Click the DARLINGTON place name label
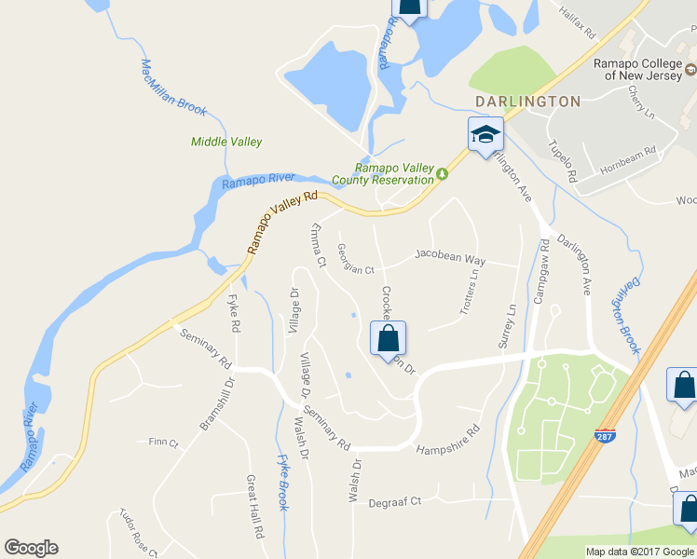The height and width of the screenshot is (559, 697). pos(527,101)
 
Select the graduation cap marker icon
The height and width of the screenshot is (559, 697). pos(485,135)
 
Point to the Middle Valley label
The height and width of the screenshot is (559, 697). pos(226,142)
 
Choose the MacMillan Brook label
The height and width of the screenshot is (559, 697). pos(173,88)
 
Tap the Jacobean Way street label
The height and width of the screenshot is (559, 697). pos(450,254)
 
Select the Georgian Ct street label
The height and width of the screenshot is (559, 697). pos(355,271)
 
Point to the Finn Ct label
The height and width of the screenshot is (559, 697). pos(163,442)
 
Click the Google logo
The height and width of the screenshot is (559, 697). pos(31,548)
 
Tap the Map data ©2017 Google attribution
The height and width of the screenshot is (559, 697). pos(640,552)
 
